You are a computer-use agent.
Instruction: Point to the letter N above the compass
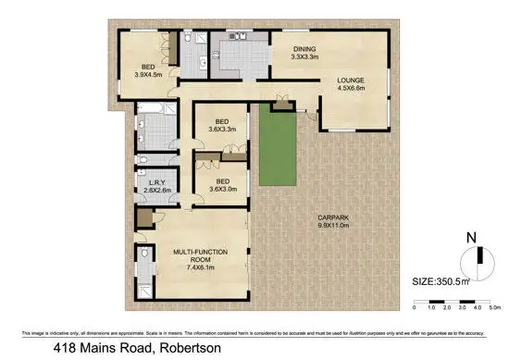(471, 237)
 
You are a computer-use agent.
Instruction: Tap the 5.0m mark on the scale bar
(494, 306)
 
